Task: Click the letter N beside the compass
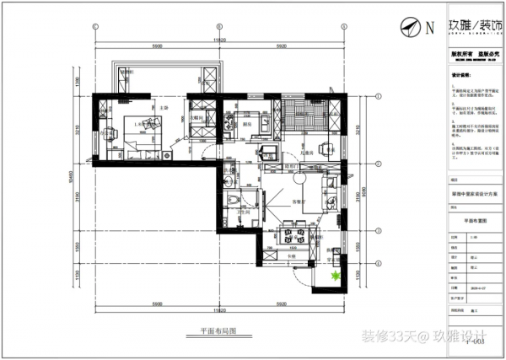pyautogui.click(x=429, y=27)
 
